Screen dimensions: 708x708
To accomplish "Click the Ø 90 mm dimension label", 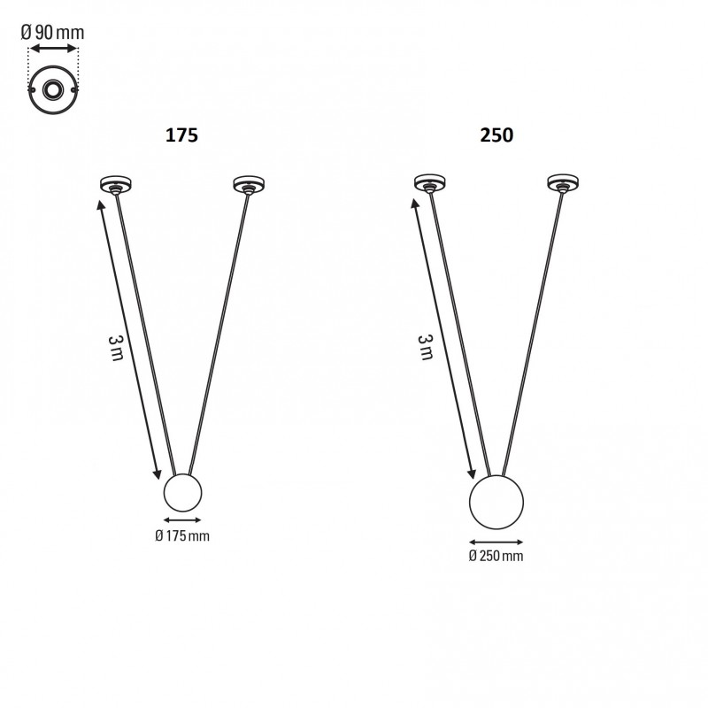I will pos(53,32).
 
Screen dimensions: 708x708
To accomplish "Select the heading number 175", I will pos(181,135).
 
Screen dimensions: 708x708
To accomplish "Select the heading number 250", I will pos(496,135).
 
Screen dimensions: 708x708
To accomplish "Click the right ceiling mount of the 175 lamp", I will pos(247,184).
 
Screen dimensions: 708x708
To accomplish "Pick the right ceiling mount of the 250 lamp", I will pos(561,184).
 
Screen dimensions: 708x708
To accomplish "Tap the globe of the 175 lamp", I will pos(183,493).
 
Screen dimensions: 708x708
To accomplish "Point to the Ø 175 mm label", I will pos(182,535).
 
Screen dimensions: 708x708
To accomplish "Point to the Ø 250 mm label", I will pos(496,556).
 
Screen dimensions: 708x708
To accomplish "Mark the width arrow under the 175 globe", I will pos(183,520).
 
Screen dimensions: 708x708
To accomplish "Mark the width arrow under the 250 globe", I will pos(496,542).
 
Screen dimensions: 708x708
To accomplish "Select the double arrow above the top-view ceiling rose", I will pos(53,51).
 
